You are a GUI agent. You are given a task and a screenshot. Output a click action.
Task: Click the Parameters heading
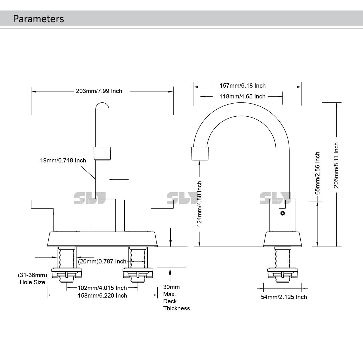click(x=38, y=19)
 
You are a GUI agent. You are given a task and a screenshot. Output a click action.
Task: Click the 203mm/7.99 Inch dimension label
click(x=99, y=91)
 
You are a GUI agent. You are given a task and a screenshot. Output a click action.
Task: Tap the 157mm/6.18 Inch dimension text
click(x=243, y=86)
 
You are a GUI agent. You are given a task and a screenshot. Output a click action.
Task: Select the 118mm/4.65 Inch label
click(x=243, y=96)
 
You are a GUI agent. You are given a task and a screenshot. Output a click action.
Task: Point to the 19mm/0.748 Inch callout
click(x=63, y=160)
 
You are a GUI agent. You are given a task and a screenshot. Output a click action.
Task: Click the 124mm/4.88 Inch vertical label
click(x=199, y=204)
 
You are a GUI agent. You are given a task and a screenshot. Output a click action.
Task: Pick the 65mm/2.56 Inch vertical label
click(x=318, y=173)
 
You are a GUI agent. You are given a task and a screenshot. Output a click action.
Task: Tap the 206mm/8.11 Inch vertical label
click(x=336, y=165)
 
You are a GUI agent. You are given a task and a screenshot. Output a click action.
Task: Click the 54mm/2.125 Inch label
click(x=284, y=297)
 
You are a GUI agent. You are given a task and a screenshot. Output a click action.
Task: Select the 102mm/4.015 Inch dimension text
click(x=102, y=288)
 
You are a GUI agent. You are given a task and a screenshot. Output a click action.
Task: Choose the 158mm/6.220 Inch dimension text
click(x=102, y=296)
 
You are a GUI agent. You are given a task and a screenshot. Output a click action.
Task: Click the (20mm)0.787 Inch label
click(x=102, y=261)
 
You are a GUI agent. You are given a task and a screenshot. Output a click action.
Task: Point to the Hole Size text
click(x=32, y=282)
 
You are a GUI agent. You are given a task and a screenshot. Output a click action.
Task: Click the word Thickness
click(x=176, y=308)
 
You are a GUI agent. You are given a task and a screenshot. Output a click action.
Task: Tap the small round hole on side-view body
click(x=282, y=213)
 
